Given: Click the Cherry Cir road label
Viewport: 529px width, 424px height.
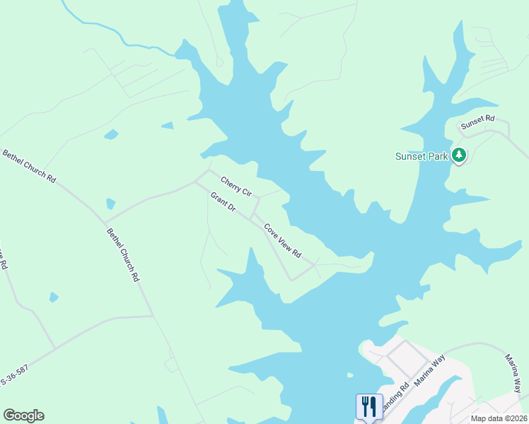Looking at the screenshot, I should (236, 187).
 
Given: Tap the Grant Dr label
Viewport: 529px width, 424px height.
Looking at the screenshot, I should (222, 204).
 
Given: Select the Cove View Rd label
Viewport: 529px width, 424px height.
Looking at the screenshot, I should (283, 240).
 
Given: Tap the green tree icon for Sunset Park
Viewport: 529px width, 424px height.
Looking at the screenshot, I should (459, 155).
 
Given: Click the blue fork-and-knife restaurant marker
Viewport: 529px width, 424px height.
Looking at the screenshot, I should (369, 406).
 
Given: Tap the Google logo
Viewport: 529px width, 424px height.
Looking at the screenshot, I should (23, 416).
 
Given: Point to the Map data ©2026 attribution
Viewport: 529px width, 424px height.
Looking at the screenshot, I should (499, 418).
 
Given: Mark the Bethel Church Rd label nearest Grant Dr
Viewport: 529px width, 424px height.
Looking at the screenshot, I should (123, 255).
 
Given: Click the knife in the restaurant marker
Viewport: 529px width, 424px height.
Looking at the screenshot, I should (373, 406).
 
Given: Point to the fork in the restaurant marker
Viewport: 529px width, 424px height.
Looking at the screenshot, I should (365, 406).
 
